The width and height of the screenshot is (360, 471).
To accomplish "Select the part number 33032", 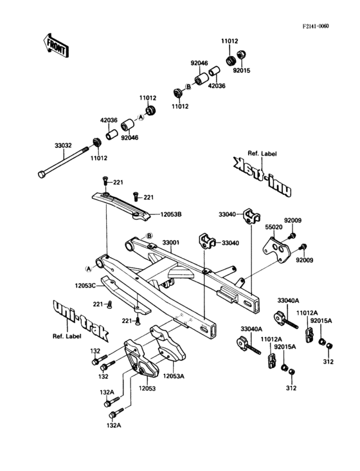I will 63,146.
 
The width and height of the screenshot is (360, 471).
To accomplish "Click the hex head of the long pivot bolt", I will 42,174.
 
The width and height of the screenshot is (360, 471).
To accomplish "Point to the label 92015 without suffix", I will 242,70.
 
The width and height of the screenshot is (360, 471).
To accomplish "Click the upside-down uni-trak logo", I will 262,178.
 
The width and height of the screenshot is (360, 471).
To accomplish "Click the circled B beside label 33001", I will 148,235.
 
